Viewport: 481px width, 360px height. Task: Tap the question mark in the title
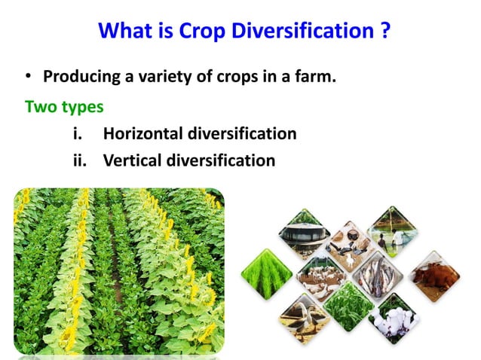point(384,31)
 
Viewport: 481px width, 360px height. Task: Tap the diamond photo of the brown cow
point(434,276)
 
